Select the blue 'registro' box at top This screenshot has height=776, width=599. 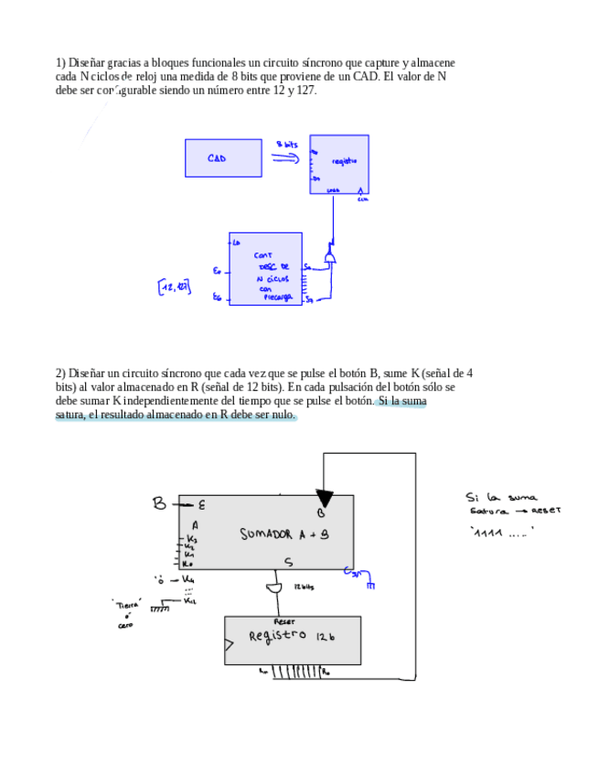click(339, 164)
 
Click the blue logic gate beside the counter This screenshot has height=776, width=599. click(330, 257)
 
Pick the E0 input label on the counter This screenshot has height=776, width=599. click(216, 271)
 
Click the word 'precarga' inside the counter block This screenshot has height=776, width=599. click(276, 297)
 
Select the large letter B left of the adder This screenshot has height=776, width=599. click(159, 502)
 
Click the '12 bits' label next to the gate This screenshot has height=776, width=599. click(304, 587)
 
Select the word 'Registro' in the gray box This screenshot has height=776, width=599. click(279, 635)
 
